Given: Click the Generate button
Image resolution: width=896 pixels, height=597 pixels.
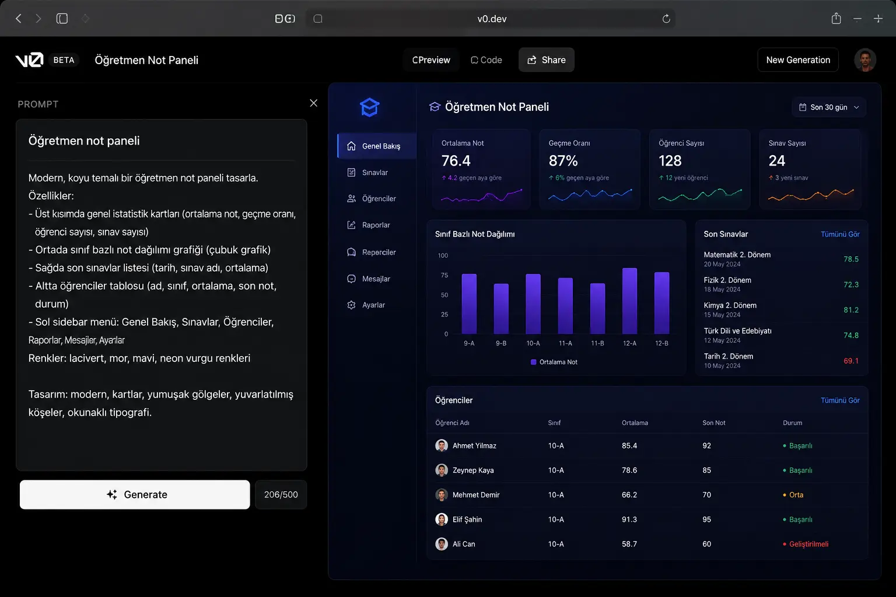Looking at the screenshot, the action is [x=135, y=494].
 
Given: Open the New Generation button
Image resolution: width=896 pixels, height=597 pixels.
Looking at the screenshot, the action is [x=797, y=60].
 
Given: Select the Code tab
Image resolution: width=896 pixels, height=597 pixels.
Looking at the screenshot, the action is [x=486, y=60].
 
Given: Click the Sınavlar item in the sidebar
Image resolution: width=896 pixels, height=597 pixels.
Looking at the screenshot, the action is [x=374, y=173].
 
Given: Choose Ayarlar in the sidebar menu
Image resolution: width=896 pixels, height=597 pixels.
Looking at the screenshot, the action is [x=373, y=305].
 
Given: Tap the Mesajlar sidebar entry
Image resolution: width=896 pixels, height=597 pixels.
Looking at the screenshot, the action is [x=376, y=279].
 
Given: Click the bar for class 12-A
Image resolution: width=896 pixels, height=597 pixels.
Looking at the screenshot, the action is [x=629, y=301].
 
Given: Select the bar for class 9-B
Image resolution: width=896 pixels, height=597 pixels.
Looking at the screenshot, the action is [x=501, y=308].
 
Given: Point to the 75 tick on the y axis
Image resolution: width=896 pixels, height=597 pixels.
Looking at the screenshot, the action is [x=444, y=275].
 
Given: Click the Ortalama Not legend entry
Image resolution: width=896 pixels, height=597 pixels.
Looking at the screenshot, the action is [x=554, y=362].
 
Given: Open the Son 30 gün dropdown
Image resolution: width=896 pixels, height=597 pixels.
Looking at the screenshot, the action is [x=828, y=107].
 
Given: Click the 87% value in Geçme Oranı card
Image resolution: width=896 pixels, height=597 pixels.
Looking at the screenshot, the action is [x=563, y=161].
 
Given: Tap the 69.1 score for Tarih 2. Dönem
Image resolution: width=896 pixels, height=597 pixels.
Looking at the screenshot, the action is [x=851, y=361].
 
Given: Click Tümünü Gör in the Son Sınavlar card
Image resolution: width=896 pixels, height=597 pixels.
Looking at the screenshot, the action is [x=840, y=234].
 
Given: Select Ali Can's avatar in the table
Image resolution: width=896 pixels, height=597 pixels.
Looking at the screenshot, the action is [x=441, y=544].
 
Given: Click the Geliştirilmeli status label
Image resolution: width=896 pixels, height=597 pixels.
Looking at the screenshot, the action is [x=808, y=544].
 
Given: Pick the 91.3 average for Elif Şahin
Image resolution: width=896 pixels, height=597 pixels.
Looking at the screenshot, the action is [x=629, y=519].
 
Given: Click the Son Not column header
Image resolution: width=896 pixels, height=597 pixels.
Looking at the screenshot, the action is [x=713, y=423].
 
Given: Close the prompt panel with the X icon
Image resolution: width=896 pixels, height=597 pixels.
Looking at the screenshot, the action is [x=314, y=103].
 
